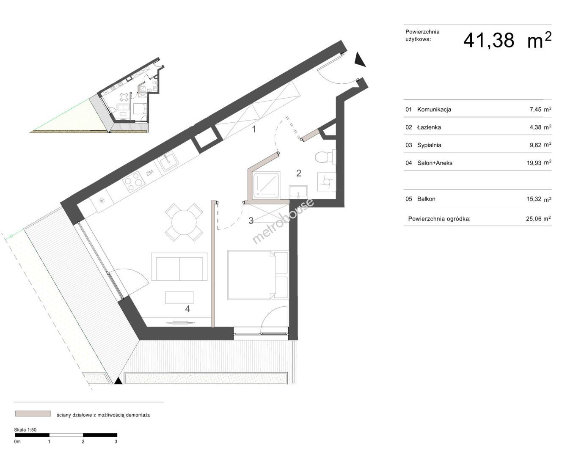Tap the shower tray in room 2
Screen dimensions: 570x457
click(x=267, y=186)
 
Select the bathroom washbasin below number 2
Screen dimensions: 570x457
click(x=298, y=192)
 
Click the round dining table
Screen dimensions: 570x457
click(x=184, y=222)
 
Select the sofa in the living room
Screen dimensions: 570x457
click(x=179, y=267)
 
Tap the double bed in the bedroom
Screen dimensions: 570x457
click(x=258, y=275)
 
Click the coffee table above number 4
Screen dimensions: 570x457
click(x=179, y=297)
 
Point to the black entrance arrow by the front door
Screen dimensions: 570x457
click(x=360, y=59)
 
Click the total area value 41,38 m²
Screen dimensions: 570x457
click(x=507, y=40)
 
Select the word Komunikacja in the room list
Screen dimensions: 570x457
click(x=434, y=110)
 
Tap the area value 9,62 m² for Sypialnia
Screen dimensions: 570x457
click(x=540, y=145)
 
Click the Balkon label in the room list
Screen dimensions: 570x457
click(x=426, y=199)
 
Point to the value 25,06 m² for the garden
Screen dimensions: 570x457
click(x=539, y=219)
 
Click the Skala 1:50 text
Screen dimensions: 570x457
click(x=25, y=429)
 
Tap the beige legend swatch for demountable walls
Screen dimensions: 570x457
click(x=33, y=413)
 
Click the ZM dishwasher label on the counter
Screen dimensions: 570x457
click(x=150, y=173)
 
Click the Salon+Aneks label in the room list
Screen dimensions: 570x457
click(x=435, y=163)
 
